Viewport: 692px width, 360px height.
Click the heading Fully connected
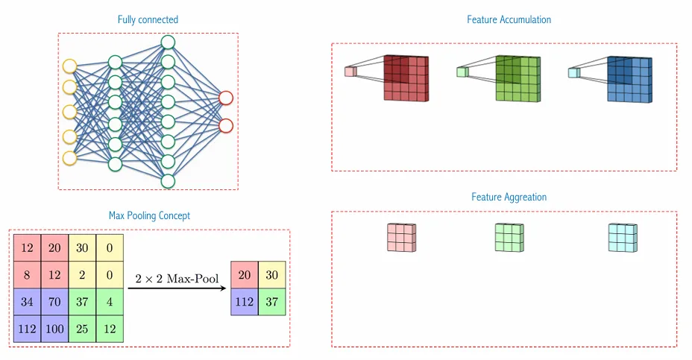point(148,19)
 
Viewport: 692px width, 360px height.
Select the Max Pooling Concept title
point(149,215)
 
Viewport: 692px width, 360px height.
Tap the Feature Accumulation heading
point(509,19)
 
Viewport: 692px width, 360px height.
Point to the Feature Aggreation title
point(509,197)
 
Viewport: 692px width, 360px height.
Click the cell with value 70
point(54,302)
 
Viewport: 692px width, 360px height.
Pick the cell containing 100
point(54,329)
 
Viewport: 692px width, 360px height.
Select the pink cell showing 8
point(27,275)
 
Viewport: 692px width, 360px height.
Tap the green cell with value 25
point(82,329)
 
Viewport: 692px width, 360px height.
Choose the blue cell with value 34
point(27,302)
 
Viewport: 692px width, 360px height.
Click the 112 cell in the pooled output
point(245,302)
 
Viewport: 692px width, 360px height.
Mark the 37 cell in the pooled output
point(271,302)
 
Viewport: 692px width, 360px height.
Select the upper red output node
point(225,98)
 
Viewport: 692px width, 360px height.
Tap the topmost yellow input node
point(69,66)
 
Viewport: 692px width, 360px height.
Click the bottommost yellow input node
point(69,158)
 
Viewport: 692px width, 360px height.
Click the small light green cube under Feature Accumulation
point(462,72)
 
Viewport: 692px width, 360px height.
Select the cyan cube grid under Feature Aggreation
point(622,238)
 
